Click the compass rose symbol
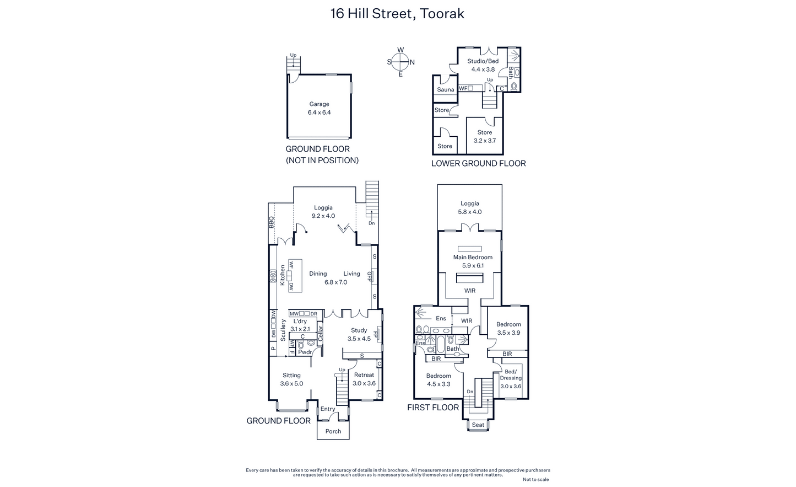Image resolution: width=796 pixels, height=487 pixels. [400, 62]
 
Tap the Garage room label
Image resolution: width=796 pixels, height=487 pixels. [319, 104]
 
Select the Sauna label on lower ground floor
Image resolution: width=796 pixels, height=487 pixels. [446, 90]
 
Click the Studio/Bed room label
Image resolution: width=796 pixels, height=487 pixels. [483, 61]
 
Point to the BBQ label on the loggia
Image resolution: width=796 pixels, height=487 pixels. [272, 222]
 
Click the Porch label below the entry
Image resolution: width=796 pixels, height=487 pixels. [333, 431]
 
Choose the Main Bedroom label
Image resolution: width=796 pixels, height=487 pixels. [473, 257]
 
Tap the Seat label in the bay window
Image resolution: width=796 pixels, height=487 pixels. [478, 425]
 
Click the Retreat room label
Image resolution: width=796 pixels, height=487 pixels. [364, 375]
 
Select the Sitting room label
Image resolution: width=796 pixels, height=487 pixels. [292, 375]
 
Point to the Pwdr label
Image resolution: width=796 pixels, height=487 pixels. [305, 352]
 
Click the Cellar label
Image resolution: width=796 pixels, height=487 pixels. [320, 334]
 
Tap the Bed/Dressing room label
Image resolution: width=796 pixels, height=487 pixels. [511, 374]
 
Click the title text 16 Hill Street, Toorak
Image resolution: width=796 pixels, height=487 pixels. [397, 14]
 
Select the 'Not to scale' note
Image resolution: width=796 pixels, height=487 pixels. [536, 479]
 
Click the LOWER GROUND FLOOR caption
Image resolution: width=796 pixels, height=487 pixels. [478, 163]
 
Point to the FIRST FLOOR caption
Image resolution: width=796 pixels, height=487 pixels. [433, 408]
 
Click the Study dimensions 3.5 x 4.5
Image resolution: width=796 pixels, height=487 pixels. [359, 339]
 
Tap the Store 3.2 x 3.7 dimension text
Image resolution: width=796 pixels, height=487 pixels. [485, 141]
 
